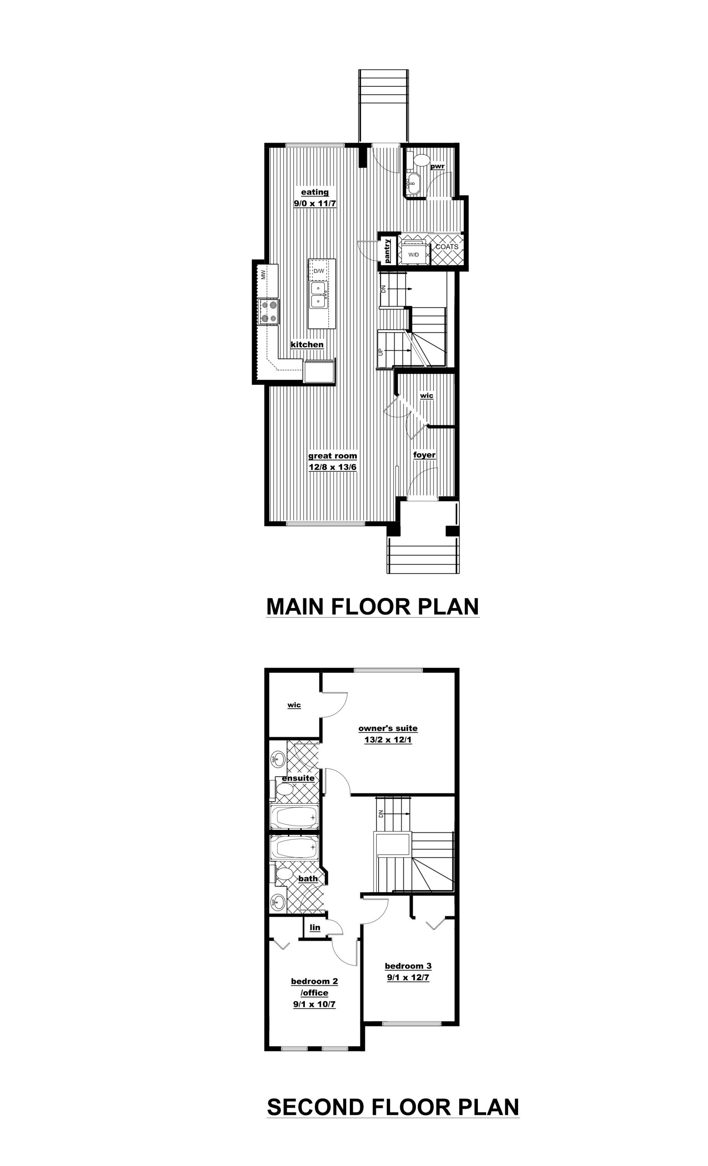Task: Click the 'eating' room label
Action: pos(315,192)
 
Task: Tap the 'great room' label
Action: pos(332,456)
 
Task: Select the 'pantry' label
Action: pos(388,251)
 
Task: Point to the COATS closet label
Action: pos(447,247)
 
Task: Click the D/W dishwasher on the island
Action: pos(319,271)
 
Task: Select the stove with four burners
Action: pos(269,312)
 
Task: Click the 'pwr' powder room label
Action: pos(437,167)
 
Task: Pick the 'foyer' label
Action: pos(424,455)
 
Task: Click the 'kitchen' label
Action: pos(307,344)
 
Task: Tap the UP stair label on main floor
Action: pos(380,352)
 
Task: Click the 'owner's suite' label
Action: pos(388,728)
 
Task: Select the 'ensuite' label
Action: pos(298,778)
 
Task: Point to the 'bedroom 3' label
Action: pos(408,966)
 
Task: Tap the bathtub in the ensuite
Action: pos(294,816)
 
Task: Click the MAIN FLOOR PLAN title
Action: pos(373,606)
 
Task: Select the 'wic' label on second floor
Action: pos(294,705)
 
